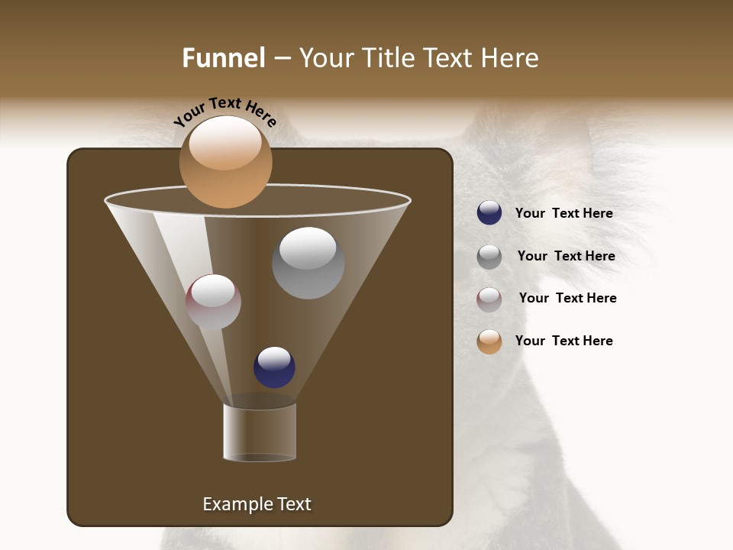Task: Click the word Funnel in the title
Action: pos(223,58)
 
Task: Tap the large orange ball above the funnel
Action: pos(226,162)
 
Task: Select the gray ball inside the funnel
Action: pos(308,264)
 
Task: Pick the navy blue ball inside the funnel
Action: pos(274,367)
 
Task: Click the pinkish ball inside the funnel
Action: pos(213,302)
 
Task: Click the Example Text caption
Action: pos(257,504)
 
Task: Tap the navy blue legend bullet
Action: pos(489,213)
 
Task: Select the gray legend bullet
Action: pos(489,257)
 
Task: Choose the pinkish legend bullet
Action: pos(489,299)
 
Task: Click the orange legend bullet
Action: pos(489,341)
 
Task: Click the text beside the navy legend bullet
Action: pos(563,214)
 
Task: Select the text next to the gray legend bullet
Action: pos(566,257)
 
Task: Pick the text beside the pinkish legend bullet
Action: pos(567,299)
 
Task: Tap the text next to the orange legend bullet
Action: pos(563,341)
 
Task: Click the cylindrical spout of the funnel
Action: pos(260,432)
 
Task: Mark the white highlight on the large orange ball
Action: pos(225,143)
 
